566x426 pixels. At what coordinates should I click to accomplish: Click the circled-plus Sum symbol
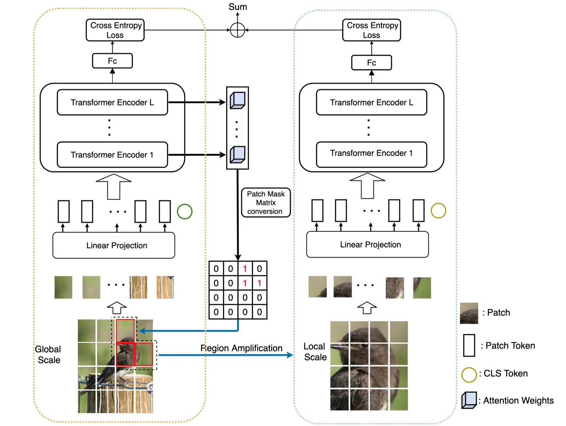[237, 30]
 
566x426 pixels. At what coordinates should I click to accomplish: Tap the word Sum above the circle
[237, 7]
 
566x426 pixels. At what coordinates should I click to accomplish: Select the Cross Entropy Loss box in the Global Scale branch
[115, 30]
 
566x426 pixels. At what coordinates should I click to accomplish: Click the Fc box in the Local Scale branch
[371, 63]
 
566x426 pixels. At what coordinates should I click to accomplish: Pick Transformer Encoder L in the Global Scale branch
[112, 102]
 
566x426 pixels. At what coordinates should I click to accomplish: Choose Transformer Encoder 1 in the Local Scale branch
[371, 154]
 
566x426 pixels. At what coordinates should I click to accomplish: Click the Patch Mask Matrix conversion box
[266, 203]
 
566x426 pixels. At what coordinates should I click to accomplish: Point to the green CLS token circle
[185, 211]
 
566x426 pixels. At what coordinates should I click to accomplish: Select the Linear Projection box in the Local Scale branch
[367, 245]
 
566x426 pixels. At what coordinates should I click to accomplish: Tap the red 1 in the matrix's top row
[245, 269]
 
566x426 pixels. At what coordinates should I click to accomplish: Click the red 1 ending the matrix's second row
[259, 283]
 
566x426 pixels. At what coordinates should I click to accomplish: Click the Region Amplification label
[241, 348]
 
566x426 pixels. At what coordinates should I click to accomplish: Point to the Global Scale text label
[48, 355]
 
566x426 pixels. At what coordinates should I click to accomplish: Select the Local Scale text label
[315, 352]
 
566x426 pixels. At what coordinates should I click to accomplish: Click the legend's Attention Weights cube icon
[469, 400]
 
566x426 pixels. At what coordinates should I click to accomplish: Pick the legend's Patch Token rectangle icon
[469, 345]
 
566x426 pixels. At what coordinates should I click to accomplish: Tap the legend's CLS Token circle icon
[469, 374]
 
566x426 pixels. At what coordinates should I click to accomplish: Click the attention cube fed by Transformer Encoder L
[237, 100]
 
